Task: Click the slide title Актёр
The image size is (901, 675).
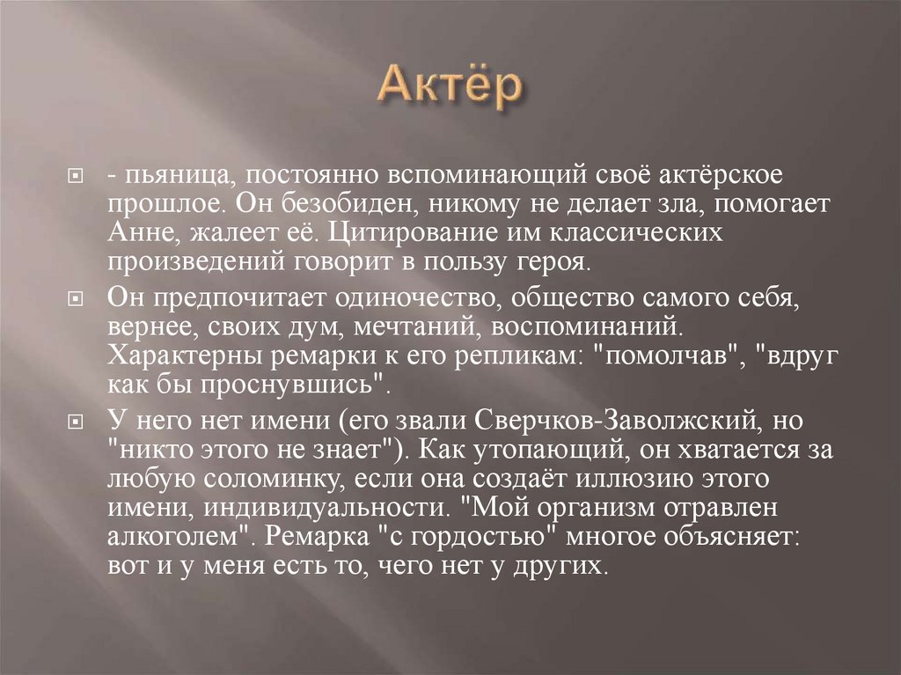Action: pyautogui.click(x=450, y=86)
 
